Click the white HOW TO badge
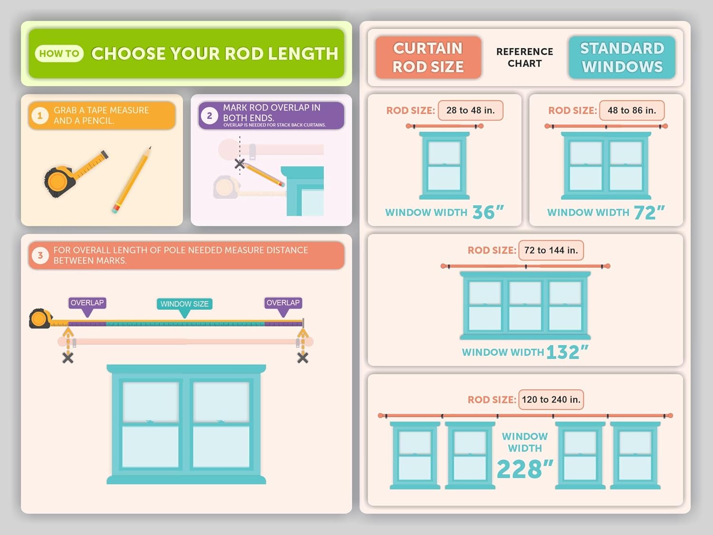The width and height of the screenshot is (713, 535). pyautogui.click(x=59, y=53)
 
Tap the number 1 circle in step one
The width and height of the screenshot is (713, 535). pyautogui.click(x=40, y=115)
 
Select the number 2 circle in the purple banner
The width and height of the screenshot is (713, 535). pyautogui.click(x=210, y=115)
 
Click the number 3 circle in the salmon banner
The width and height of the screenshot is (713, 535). pyautogui.click(x=40, y=256)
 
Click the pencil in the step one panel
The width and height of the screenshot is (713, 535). pyautogui.click(x=132, y=180)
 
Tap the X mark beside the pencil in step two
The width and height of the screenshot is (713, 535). pyautogui.click(x=240, y=163)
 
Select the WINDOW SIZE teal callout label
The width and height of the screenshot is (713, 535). pyautogui.click(x=184, y=304)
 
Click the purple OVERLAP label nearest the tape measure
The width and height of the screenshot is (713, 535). pyautogui.click(x=87, y=303)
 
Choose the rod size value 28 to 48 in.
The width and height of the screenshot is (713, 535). pyautogui.click(x=471, y=110)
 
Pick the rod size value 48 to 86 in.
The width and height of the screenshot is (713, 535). pyautogui.click(x=632, y=110)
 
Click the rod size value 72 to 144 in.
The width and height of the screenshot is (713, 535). pyautogui.click(x=551, y=250)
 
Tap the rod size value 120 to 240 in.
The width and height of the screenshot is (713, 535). pyautogui.click(x=551, y=400)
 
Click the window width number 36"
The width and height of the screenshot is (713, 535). pyautogui.click(x=488, y=212)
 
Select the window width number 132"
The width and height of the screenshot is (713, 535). pyautogui.click(x=568, y=352)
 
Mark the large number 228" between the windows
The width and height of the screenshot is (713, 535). pyautogui.click(x=525, y=469)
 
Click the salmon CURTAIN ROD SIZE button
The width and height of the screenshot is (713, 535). pyautogui.click(x=428, y=57)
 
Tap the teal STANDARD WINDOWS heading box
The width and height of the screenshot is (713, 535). pyautogui.click(x=622, y=57)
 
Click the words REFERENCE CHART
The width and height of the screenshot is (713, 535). pyautogui.click(x=525, y=57)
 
